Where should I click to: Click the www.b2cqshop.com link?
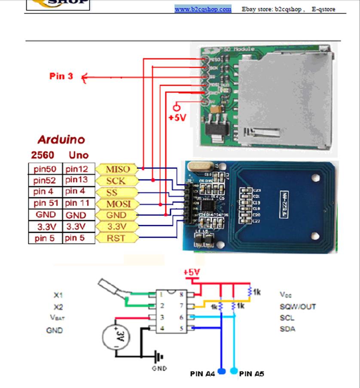click(203, 9)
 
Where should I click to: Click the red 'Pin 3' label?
click(61, 76)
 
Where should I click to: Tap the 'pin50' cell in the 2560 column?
click(45, 169)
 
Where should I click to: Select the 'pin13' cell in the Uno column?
click(77, 180)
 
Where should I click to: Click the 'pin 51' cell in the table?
click(45, 203)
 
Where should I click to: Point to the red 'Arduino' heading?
click(61, 140)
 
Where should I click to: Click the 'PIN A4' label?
click(202, 374)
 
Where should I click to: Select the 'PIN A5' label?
click(252, 374)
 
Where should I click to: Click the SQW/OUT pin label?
click(298, 306)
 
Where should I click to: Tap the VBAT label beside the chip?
click(57, 318)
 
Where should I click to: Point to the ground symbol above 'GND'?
click(160, 356)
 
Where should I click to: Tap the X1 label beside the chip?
click(58, 295)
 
